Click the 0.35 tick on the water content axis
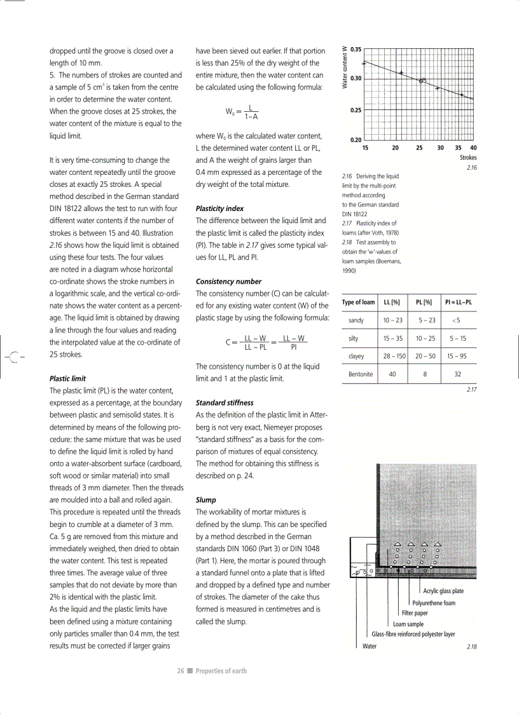click(x=356, y=49)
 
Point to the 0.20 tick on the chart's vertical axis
click(x=356, y=140)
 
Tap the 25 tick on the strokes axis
click(x=419, y=148)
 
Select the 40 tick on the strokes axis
click(x=474, y=148)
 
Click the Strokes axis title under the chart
click(x=468, y=157)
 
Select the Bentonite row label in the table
click(x=360, y=374)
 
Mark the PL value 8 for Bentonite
click(x=424, y=374)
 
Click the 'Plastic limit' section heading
click(x=67, y=378)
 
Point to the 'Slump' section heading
click(x=206, y=500)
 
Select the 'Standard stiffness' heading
click(x=225, y=402)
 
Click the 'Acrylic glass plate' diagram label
click(x=443, y=591)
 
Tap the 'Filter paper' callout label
click(x=415, y=614)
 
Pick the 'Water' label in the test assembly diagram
click(x=369, y=646)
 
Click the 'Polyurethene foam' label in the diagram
click(x=434, y=603)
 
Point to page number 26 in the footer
click(x=181, y=671)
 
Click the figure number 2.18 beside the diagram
click(x=471, y=647)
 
